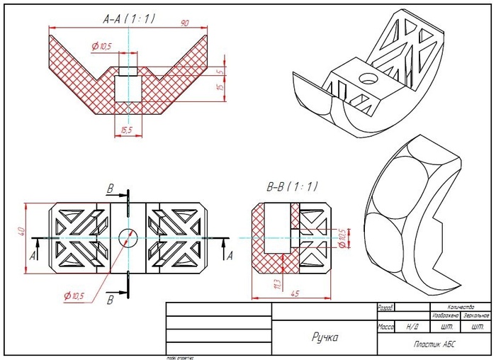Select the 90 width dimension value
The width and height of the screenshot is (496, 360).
click(x=185, y=23)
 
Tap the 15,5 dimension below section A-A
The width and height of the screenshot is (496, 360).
click(x=128, y=130)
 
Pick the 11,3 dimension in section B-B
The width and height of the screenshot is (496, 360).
click(x=276, y=283)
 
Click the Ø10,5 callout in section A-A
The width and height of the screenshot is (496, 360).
click(x=102, y=47)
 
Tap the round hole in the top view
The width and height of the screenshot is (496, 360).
click(x=128, y=237)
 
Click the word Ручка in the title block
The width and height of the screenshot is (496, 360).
click(x=325, y=337)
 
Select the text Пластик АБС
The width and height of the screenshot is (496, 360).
click(x=434, y=344)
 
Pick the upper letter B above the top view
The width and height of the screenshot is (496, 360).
click(x=110, y=189)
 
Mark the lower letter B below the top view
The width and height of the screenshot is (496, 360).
click(x=110, y=300)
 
